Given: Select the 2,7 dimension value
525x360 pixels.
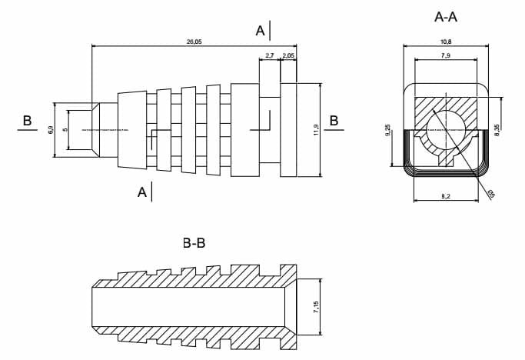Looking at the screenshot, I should (269, 56).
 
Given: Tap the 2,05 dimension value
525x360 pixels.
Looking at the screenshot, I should (288, 56).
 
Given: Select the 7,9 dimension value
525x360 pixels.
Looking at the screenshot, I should (445, 55).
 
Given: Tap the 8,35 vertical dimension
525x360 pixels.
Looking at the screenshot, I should (498, 131).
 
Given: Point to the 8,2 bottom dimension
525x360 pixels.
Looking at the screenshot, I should (446, 198).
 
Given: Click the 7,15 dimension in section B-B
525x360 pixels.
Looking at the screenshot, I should (314, 306).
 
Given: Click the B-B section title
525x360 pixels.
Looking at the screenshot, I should (194, 244).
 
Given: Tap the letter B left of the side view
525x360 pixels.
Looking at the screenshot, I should (27, 121).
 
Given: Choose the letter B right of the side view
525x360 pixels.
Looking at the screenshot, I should (334, 121).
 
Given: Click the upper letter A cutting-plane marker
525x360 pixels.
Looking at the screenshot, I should (261, 30).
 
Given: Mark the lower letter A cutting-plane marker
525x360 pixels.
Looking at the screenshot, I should (142, 192).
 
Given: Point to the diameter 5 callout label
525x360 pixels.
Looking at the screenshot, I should (490, 193).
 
